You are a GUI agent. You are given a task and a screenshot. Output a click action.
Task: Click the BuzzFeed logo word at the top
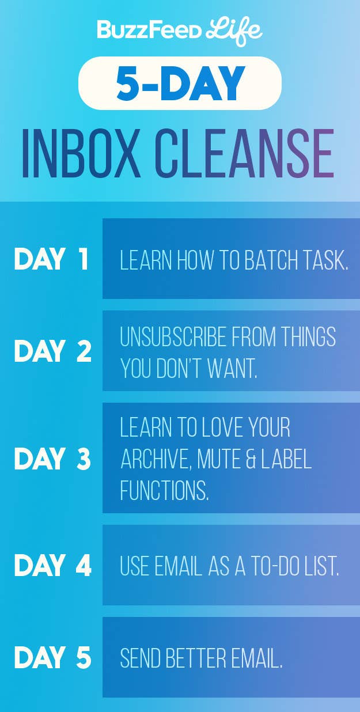[149, 30]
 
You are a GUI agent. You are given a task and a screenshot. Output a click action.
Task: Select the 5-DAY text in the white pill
[180, 83]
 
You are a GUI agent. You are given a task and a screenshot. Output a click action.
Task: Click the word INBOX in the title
[81, 153]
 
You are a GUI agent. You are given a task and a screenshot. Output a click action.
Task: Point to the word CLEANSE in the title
[245, 153]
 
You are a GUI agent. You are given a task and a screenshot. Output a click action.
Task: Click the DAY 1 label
[51, 259]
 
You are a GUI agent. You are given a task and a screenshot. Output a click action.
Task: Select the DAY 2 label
[53, 351]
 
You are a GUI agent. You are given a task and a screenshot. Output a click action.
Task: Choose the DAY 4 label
[53, 565]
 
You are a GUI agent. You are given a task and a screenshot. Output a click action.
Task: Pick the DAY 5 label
[53, 657]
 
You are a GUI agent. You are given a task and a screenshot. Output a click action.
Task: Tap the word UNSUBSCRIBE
[173, 336]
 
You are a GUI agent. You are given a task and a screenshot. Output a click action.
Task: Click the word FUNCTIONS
[164, 490]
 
